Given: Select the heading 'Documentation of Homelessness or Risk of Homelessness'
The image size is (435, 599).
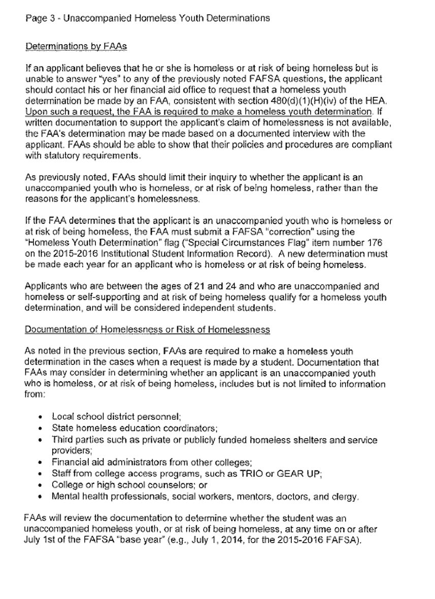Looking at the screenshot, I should click(148, 330).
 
